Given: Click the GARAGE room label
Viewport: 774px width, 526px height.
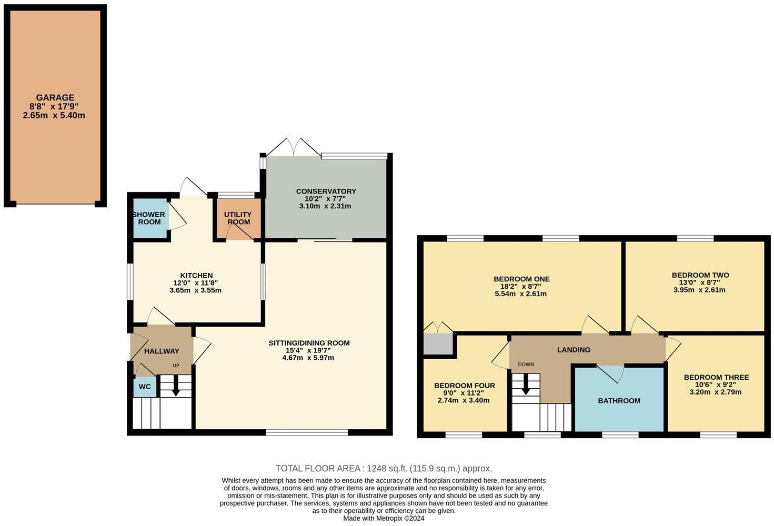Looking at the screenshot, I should (x=55, y=97).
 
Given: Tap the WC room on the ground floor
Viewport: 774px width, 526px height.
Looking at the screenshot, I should (x=145, y=387).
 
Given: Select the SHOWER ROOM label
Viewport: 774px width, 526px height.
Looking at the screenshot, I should (x=149, y=218).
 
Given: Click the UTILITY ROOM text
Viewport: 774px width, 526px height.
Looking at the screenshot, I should (x=238, y=218).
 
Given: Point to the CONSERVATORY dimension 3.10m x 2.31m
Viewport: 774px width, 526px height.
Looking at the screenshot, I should (x=325, y=206).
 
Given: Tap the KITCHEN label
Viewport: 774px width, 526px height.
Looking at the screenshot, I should (x=196, y=276).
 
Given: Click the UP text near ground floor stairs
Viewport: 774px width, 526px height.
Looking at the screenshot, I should (x=176, y=366).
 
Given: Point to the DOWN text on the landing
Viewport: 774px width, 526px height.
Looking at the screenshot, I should (x=526, y=365).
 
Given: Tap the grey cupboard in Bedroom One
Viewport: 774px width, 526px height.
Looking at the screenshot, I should (x=438, y=344).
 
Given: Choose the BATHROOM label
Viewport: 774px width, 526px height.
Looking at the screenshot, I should (x=619, y=401).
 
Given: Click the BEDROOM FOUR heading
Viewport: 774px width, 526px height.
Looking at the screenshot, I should (x=464, y=386).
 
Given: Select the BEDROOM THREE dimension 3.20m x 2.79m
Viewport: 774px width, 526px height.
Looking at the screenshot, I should (x=716, y=392).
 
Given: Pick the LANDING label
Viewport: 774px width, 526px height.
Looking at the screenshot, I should (x=574, y=350).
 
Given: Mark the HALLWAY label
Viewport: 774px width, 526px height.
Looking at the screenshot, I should (x=162, y=351).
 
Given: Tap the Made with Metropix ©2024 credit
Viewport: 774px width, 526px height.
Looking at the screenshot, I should (x=384, y=518).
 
